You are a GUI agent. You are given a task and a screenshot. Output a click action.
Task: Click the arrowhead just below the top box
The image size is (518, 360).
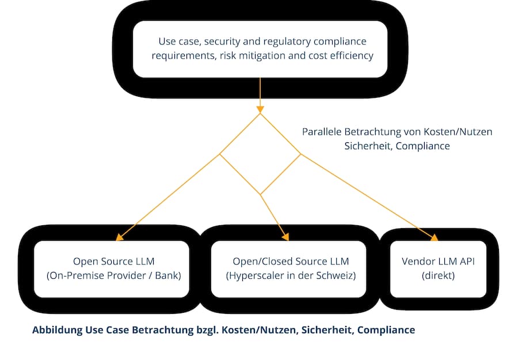coord(260,109)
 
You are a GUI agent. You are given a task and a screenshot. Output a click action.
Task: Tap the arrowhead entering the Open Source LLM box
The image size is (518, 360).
coord(120,237)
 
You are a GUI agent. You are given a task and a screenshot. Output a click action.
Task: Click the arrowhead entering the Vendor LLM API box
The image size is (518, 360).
coord(434,237)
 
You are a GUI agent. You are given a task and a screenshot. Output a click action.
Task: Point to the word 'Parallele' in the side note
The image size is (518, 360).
coord(322,131)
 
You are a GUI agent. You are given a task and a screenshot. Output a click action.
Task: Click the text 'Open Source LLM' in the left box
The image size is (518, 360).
coord(113,262)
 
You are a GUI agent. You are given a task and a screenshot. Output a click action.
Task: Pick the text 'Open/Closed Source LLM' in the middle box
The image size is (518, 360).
coord(291,262)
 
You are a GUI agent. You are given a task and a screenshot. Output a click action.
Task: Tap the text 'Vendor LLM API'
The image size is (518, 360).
coord(438,262)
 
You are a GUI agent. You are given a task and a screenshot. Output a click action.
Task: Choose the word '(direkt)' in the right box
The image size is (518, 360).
coord(438,275)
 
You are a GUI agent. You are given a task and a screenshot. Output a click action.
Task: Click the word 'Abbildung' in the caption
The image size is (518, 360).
coord(57,330)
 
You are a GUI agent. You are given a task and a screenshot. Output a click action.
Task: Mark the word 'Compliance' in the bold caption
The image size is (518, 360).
coord(386,330)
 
